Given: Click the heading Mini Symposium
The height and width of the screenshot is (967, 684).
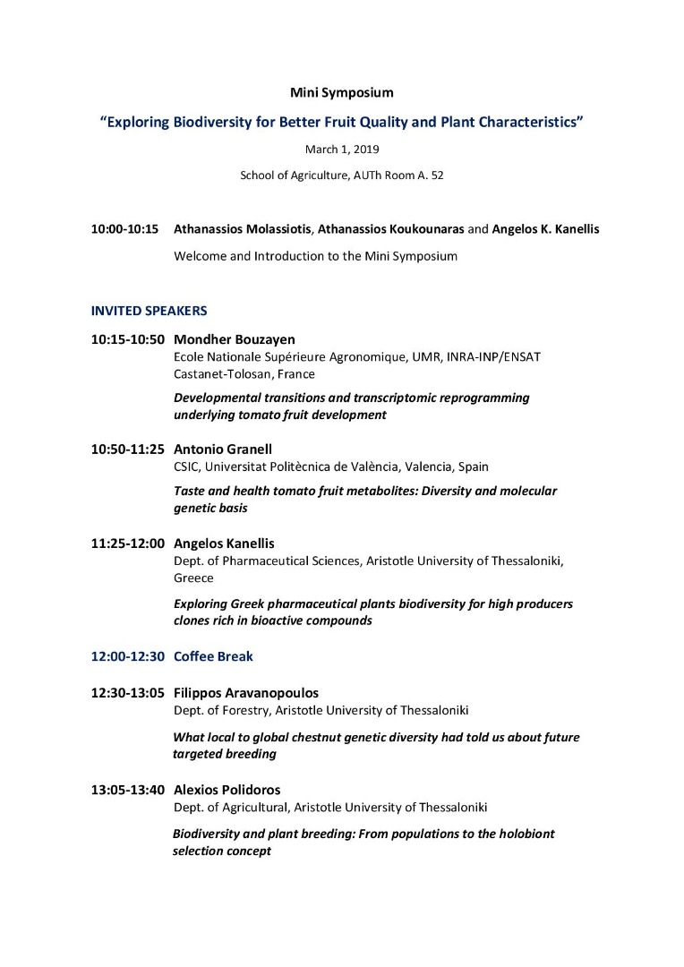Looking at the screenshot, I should point(341,92).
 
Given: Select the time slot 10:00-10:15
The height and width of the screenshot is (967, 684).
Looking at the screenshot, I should point(124,229).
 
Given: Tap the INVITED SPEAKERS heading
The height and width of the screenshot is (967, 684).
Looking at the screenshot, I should point(149,311).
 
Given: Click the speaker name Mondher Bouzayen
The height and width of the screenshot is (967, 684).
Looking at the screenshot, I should point(234,339).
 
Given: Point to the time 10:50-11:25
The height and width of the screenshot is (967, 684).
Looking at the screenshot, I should point(127,449).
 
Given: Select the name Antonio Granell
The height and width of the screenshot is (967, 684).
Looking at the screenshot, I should point(222,449).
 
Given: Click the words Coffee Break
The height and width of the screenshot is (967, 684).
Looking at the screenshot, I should point(213,656).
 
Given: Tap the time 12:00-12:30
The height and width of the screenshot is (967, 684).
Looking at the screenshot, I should point(127,656).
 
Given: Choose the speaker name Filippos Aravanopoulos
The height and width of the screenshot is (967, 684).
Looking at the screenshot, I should point(246,693).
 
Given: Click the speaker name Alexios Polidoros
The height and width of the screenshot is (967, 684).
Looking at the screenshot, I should point(227,790).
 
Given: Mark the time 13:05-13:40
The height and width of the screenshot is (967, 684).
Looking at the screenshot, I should point(127,790).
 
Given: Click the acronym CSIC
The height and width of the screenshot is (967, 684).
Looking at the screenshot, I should point(188,466).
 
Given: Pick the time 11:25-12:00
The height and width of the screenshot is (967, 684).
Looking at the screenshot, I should point(127,543).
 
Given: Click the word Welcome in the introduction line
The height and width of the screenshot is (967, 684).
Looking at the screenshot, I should point(201,256).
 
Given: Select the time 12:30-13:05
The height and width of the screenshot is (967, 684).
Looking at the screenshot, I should point(127,693).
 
